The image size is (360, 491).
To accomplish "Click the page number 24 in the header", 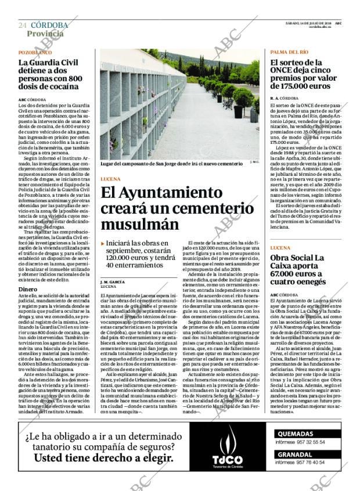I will [x=22, y=26].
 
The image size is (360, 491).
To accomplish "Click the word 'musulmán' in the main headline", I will [x=140, y=223].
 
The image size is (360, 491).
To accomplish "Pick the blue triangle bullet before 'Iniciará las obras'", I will [x=103, y=244].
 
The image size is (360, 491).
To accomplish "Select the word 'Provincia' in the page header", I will [x=45, y=34].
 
